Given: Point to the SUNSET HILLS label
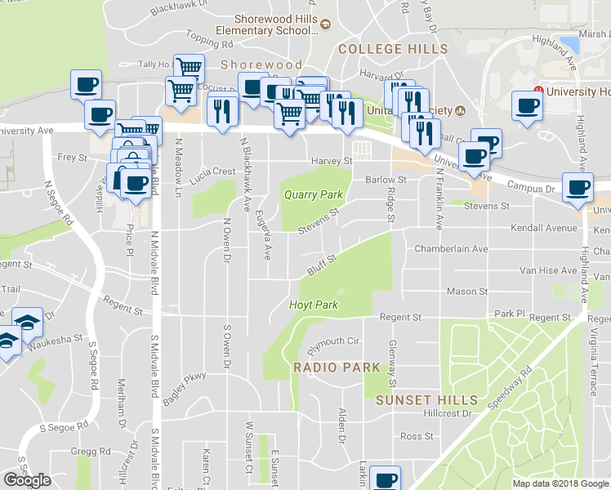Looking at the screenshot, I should coord(426,399).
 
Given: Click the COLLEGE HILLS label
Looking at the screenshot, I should coord(393,49).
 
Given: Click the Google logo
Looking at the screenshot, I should coord(27,480).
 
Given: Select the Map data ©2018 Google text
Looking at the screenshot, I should coord(560,483).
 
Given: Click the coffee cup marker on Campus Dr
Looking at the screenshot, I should coord(579,186).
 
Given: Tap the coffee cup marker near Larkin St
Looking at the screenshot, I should coord(384,478).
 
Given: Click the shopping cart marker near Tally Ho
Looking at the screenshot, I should coord(189,66).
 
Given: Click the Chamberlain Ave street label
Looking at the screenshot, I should coord(451,248).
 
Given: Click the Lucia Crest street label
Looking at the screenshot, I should coord(213,172).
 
